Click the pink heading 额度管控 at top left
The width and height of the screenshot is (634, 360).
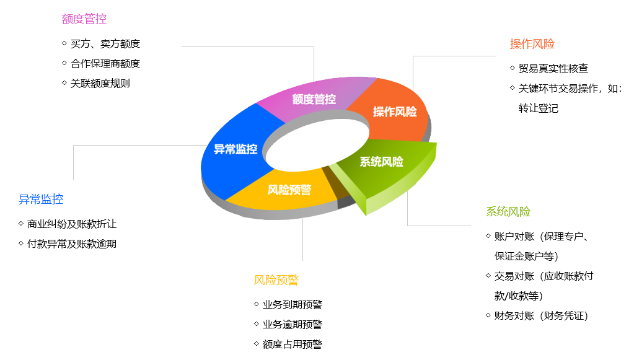pos(84,19)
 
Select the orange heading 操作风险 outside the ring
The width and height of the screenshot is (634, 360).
pos(532,44)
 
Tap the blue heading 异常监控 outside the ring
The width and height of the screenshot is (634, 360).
pos(41,200)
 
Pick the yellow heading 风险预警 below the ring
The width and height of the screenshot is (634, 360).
pos(276,280)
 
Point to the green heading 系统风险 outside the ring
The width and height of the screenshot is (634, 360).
pos(508,212)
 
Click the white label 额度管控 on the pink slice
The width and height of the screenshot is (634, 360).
pos(314,99)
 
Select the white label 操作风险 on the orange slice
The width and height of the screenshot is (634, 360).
pos(395,112)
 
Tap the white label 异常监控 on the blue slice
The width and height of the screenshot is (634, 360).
pos(236,149)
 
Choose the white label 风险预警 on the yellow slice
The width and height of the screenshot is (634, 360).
pos(289,190)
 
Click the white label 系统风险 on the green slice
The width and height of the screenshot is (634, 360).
pos(381,162)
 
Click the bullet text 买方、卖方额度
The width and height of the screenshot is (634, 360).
pos(105,44)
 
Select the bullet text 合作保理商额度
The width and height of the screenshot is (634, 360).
pos(105,63)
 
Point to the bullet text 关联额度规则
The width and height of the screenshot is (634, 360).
pos(100,83)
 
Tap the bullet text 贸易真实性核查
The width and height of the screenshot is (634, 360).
pos(553,69)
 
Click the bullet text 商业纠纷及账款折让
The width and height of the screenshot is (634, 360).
pos(72,224)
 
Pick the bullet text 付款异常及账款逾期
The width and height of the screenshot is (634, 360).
pos(72,244)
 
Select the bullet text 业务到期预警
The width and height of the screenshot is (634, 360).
pos(293,305)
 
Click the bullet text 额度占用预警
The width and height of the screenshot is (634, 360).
pos(293,345)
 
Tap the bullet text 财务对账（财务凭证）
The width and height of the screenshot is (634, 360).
pos(541,316)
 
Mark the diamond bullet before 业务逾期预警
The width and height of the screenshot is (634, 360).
pos(257,324)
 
